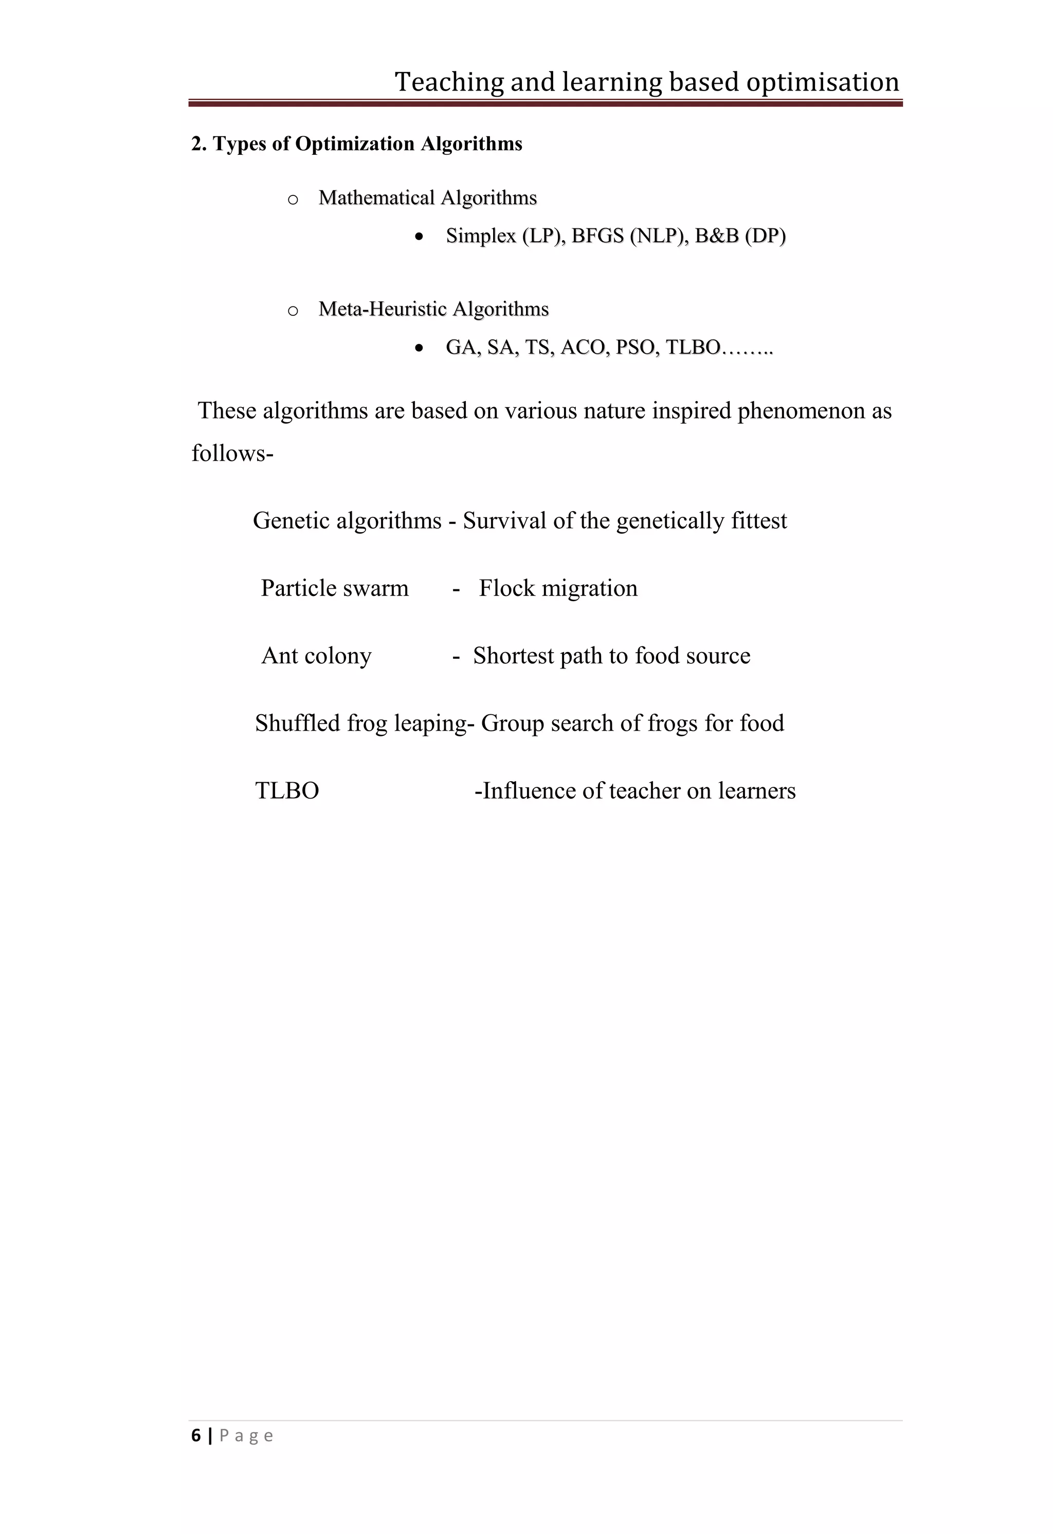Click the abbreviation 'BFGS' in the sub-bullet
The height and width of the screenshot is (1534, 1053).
[x=597, y=236]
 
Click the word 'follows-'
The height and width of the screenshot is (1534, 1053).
[x=232, y=454]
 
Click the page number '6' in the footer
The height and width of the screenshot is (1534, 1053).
[x=196, y=1436]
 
